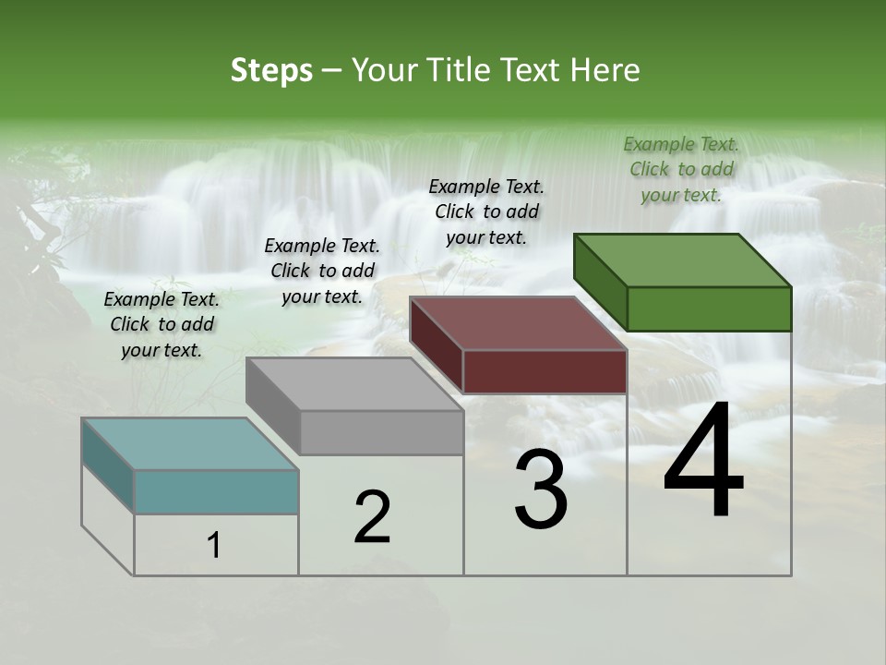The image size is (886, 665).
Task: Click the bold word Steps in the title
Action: [x=271, y=70]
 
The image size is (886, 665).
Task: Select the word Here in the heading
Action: [x=605, y=70]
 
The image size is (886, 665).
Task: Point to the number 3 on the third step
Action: [x=541, y=490]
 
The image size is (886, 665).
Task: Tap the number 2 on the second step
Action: [x=372, y=517]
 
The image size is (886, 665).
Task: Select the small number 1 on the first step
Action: [x=214, y=546]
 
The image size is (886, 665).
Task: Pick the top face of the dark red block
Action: [x=518, y=323]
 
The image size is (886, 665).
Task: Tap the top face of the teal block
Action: [x=189, y=444]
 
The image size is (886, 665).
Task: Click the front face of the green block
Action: [x=709, y=308]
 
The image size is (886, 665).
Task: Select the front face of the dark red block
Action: [x=545, y=371]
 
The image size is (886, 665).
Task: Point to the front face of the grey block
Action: [x=381, y=432]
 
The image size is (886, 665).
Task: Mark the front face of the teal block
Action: [x=216, y=491]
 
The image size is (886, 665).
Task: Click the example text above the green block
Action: [x=681, y=169]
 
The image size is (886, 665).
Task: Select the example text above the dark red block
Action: [x=486, y=212]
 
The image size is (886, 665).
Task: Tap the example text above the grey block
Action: [x=322, y=271]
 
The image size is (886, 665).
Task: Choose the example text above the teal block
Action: [x=162, y=324]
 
